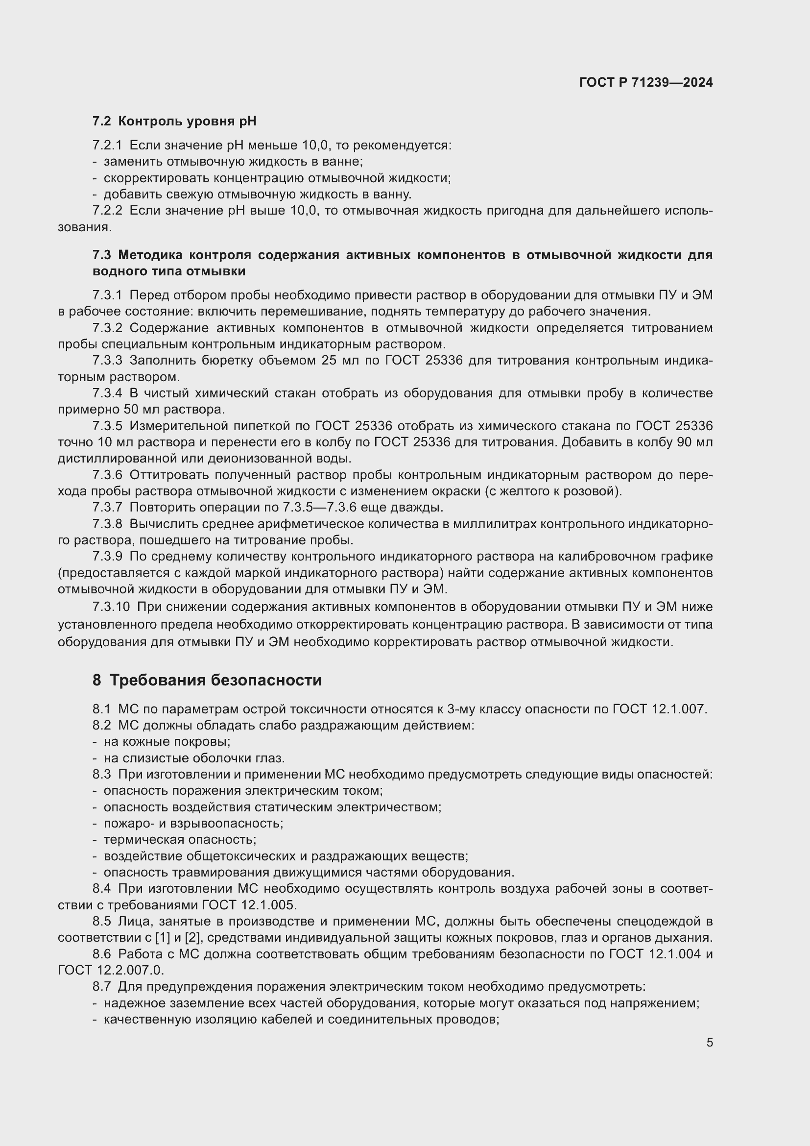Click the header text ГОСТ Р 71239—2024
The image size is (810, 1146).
646,82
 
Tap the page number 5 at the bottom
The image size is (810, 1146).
709,1043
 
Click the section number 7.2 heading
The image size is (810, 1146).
102,122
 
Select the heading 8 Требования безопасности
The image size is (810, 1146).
207,681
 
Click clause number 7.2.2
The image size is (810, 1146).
107,211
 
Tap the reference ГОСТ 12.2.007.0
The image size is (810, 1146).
111,970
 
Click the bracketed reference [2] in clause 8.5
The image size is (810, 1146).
191,937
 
